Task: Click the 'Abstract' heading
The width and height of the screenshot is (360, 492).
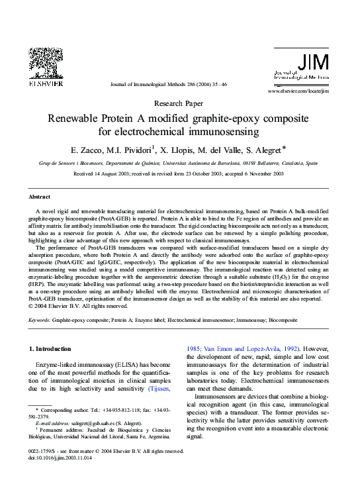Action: (x=39, y=197)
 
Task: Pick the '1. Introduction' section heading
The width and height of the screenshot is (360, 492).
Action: (x=52, y=348)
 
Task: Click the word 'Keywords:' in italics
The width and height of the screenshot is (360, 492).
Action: (x=40, y=320)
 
